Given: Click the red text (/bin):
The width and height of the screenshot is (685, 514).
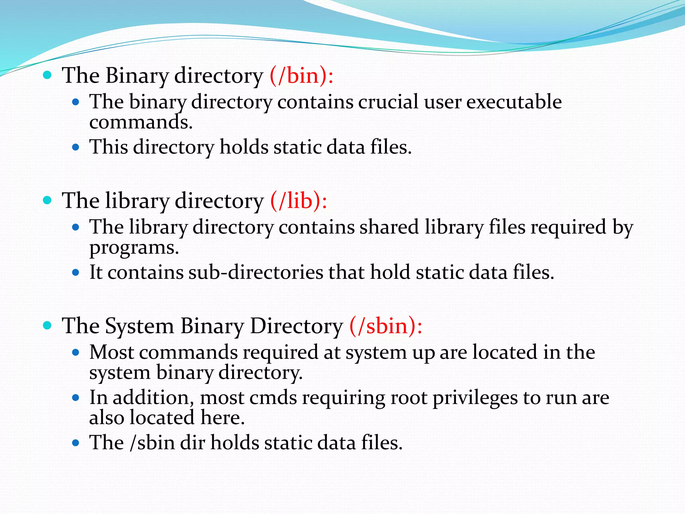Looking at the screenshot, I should pos(301,76).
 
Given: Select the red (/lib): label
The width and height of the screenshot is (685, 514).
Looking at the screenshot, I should pos(299,201).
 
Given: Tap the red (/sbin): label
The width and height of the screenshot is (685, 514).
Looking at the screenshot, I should pos(386,326).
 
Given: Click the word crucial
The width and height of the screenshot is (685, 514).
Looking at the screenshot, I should pos(388,102).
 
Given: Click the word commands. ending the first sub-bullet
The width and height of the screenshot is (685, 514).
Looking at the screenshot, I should pos(141,122).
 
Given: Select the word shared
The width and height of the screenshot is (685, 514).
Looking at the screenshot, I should pos(389,227).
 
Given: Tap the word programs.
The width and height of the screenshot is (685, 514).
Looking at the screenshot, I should pos(134,248).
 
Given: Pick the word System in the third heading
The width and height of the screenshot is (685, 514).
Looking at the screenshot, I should pos(139,326).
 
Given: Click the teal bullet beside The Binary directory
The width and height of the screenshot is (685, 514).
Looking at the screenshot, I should pos(47,75).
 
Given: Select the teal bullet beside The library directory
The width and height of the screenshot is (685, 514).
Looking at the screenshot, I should pos(47,200).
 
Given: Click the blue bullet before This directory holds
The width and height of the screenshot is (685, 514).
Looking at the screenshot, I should pos(76,147).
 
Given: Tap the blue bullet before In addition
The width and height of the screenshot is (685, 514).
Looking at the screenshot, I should pos(76,398).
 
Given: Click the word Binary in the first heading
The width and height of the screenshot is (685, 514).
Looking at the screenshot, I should pos(137,76).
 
